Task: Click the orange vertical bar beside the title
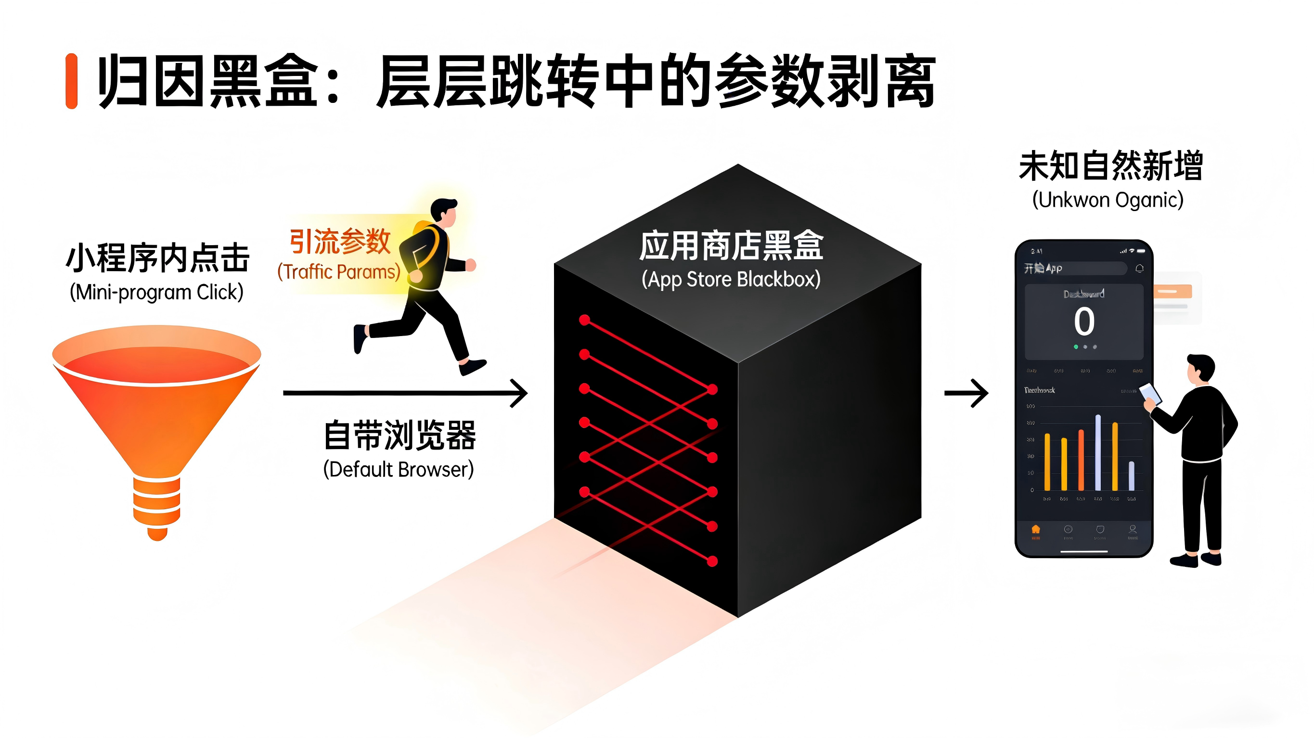(x=71, y=81)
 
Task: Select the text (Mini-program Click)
(x=156, y=292)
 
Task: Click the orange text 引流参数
(x=340, y=241)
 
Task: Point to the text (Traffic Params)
(x=339, y=272)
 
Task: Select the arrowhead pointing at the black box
(x=520, y=393)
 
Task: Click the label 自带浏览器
(x=400, y=435)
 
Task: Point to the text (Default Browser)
(x=399, y=469)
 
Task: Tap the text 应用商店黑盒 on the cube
(x=732, y=246)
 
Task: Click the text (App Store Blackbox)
(x=731, y=279)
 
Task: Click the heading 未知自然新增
(x=1111, y=166)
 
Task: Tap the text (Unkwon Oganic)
(x=1108, y=200)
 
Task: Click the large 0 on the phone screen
(x=1084, y=322)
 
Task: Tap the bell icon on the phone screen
(x=1140, y=269)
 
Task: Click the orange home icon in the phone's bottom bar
(x=1035, y=529)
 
